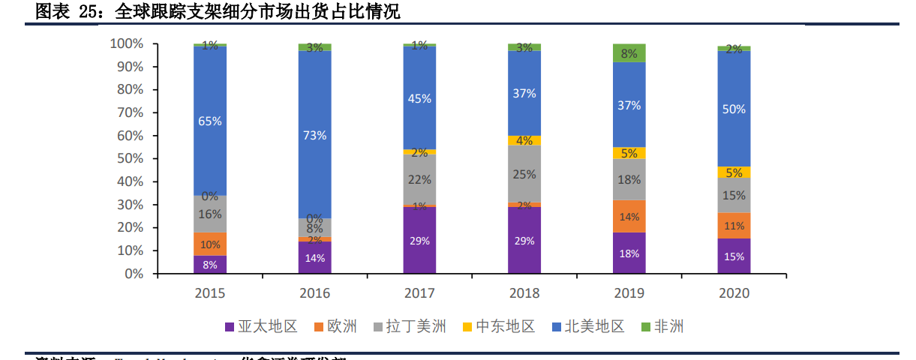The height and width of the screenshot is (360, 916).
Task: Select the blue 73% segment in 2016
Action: pyautogui.click(x=315, y=135)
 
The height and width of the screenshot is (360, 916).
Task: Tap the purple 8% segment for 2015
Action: pyautogui.click(x=210, y=265)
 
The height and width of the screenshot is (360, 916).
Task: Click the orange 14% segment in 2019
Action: pyautogui.click(x=629, y=217)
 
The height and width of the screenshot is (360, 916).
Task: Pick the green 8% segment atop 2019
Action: pyautogui.click(x=629, y=53)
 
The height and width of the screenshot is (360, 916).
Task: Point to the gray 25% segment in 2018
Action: pyautogui.click(x=524, y=174)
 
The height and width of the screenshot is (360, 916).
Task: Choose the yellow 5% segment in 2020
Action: pyautogui.click(x=734, y=172)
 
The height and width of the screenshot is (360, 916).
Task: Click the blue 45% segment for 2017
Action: pyautogui.click(x=419, y=98)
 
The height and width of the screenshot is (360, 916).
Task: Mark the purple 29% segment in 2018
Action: pyautogui.click(x=524, y=241)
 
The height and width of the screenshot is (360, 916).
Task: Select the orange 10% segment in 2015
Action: pyautogui.click(x=210, y=244)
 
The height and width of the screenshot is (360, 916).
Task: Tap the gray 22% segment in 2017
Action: pyautogui.click(x=419, y=180)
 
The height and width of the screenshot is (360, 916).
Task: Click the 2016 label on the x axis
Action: pyautogui.click(x=315, y=293)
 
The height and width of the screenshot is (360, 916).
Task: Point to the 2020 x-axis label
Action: pyautogui.click(x=734, y=293)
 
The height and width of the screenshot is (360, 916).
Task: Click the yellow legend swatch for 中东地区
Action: pyautogui.click(x=467, y=327)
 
